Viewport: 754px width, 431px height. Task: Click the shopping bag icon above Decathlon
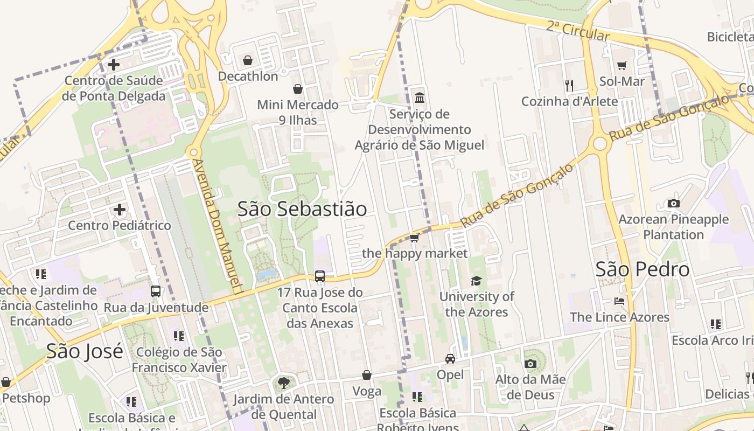point(248,60)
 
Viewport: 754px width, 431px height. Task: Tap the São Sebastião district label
point(302,209)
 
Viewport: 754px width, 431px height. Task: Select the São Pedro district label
point(642,269)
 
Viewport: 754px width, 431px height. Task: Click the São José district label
point(85,351)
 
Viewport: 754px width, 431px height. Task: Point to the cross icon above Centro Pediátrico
point(120,209)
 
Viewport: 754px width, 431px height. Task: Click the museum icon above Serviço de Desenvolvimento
point(419,98)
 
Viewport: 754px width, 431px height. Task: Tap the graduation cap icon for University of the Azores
point(476,281)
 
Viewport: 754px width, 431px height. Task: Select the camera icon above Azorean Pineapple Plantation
point(673,203)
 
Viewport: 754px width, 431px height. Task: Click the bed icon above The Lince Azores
point(619,301)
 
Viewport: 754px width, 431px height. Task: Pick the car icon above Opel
point(450,359)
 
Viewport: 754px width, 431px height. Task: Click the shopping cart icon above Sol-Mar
point(622,65)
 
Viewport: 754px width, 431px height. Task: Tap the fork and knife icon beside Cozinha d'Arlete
point(569,85)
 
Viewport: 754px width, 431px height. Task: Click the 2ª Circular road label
point(578,31)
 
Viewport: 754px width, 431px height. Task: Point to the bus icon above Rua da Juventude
point(156,291)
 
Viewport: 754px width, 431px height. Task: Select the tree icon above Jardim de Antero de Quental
point(283,383)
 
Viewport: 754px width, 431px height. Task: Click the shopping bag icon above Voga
point(367,375)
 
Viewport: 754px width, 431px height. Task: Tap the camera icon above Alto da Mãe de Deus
point(530,364)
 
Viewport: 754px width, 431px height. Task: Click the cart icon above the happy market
point(414,238)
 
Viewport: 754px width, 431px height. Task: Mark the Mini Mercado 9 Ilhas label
point(298,112)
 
